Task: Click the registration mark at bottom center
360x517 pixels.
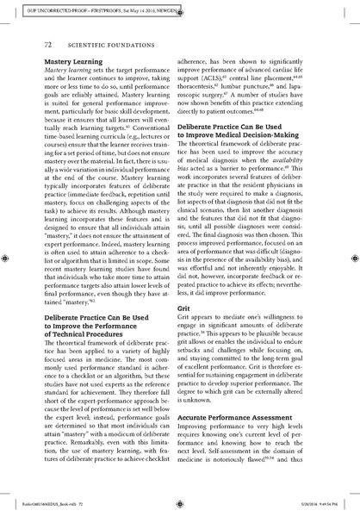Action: pos(180,508)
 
